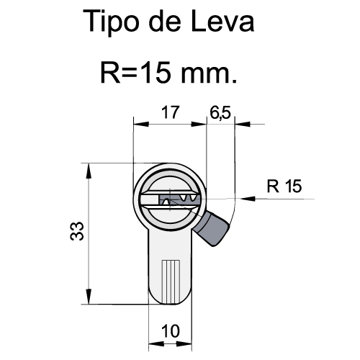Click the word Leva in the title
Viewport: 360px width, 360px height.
click(222, 21)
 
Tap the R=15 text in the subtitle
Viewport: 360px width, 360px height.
click(136, 72)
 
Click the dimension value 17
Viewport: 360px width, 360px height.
click(170, 112)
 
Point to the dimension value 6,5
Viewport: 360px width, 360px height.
click(220, 112)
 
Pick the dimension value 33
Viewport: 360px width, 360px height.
click(77, 231)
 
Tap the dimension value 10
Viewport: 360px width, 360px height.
click(171, 331)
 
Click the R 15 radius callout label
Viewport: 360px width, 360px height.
click(284, 186)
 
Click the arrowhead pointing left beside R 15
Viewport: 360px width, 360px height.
click(248, 199)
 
